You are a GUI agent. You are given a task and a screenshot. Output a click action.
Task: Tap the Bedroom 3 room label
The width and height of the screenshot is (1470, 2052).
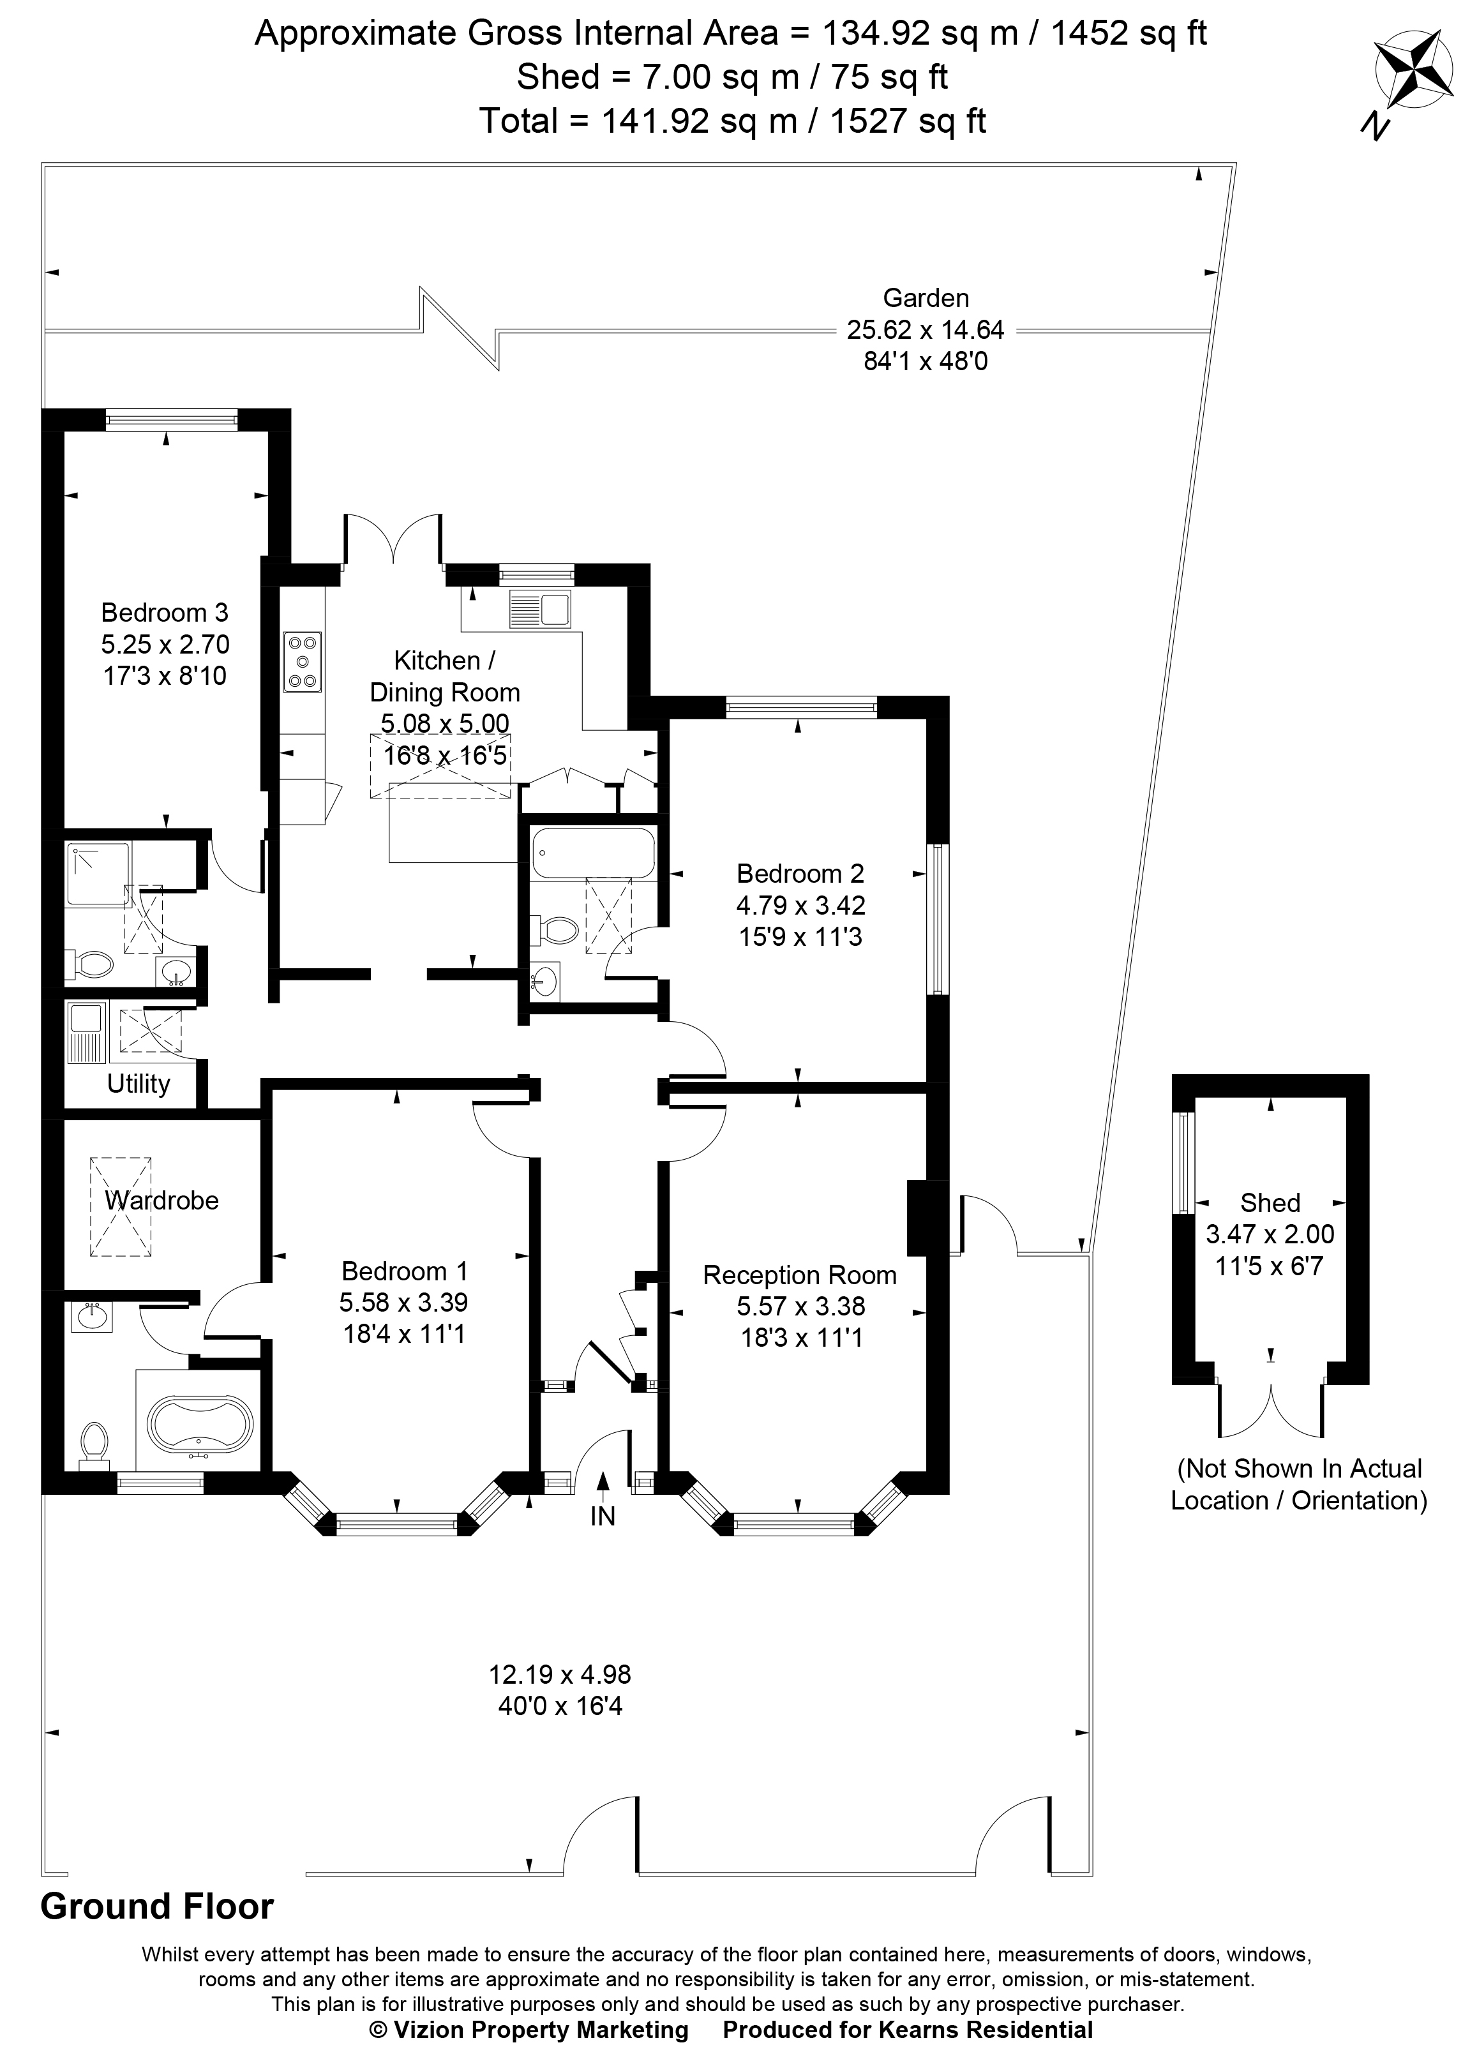[165, 613]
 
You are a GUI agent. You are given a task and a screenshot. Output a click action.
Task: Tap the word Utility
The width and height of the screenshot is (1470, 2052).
[139, 1083]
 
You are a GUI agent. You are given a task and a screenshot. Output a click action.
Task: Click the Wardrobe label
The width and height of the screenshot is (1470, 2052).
[161, 1200]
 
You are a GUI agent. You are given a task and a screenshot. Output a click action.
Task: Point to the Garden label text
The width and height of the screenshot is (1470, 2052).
[926, 297]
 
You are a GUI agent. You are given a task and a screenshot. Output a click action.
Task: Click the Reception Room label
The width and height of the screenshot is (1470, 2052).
[800, 1275]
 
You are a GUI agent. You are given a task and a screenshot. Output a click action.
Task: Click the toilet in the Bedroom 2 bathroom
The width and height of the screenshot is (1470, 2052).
[555, 929]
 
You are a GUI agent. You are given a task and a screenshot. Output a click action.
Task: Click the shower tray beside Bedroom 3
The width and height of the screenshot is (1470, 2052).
[98, 872]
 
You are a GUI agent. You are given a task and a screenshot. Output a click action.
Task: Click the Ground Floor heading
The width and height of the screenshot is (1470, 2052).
[156, 1906]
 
